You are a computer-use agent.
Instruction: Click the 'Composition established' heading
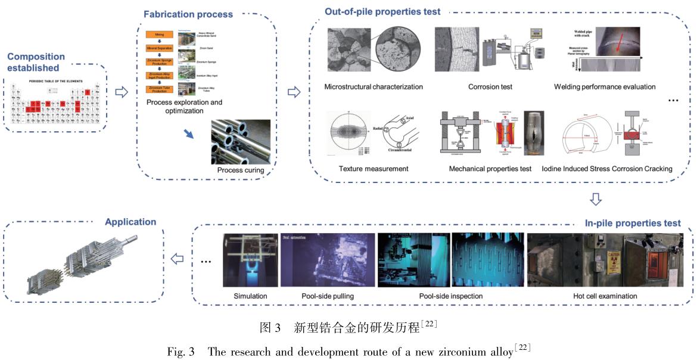36,62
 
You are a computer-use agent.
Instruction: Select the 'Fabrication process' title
188,14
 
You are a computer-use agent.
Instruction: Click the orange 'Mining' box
159,35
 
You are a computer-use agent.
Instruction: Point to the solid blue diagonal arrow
189,134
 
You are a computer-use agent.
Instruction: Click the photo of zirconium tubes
240,142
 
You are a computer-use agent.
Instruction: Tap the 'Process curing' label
240,171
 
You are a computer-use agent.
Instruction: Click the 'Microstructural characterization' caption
374,87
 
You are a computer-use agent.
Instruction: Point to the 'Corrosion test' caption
490,87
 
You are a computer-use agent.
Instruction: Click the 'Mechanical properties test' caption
490,169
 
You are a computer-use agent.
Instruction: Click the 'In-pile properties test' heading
633,223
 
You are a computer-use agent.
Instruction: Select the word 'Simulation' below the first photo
250,296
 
